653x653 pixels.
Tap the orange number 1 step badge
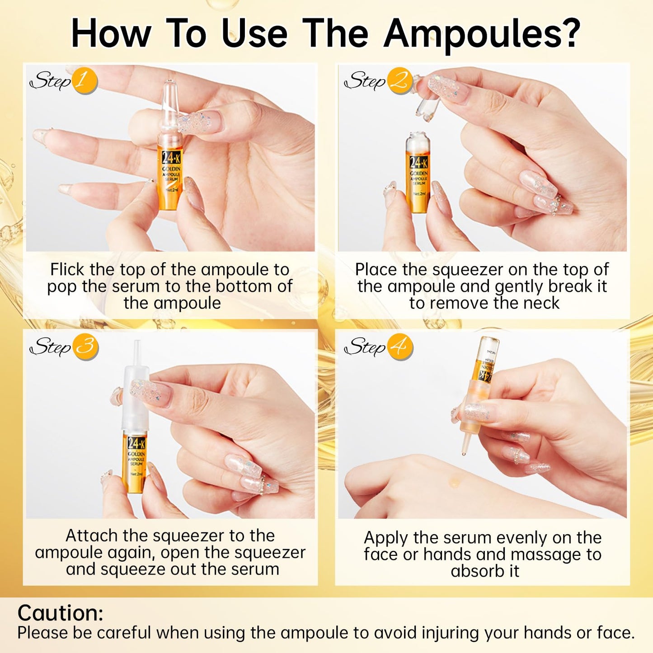84,81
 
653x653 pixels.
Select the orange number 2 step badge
399,81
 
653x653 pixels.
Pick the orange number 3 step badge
85,347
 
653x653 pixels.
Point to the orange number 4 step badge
399,347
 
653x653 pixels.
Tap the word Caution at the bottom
61,613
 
